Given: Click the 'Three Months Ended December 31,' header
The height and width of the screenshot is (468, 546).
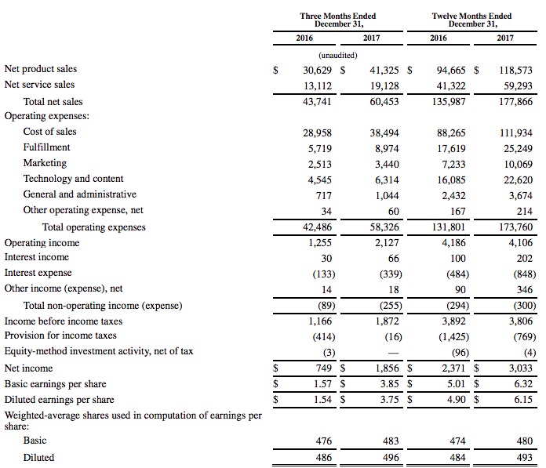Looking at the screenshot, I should (x=337, y=20).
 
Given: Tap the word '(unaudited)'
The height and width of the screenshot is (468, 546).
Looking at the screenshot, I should (x=338, y=55).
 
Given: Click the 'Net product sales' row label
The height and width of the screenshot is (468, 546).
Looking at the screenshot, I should (x=40, y=69).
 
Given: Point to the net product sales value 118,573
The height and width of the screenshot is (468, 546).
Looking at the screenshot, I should (x=514, y=70).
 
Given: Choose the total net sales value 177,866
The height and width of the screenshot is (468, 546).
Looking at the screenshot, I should (x=514, y=101).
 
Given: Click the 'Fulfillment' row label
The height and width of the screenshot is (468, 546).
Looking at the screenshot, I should (x=46, y=147).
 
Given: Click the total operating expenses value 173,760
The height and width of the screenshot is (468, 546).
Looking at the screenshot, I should (x=514, y=227).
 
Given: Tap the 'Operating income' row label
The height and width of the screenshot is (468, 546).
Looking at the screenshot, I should (x=42, y=243).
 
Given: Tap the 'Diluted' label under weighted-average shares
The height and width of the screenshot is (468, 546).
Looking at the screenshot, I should (x=38, y=457).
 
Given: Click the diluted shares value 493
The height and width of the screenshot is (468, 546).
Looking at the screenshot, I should (x=524, y=457).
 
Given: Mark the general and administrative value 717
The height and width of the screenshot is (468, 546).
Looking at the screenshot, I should (x=323, y=194).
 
